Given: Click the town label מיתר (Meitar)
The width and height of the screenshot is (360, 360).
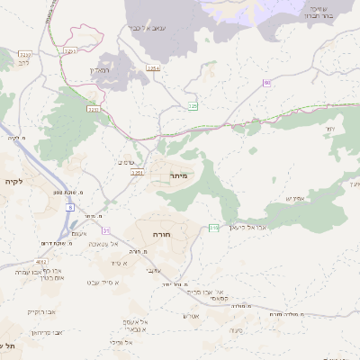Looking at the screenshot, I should tap(177, 176).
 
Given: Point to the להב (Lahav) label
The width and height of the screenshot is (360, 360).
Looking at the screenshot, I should tap(23, 64).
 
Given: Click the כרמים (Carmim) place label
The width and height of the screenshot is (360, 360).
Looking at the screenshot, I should tap(126, 162).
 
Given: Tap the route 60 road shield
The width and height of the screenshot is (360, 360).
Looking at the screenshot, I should tap(267, 83).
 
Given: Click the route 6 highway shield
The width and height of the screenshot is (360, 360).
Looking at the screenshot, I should tap(70, 207).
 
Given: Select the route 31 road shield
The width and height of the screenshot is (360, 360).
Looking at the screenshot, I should tap(106, 231).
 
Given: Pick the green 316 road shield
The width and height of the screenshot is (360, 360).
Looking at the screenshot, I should tap(213, 228).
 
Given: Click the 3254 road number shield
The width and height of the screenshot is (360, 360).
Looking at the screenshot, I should tap(154, 67).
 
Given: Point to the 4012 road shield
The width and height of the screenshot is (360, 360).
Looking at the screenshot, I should tap(43, 262).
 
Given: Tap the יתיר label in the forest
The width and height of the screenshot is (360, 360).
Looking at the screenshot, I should tap(329, 130).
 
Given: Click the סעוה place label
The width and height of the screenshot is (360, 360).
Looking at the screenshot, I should tap(236, 330).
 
